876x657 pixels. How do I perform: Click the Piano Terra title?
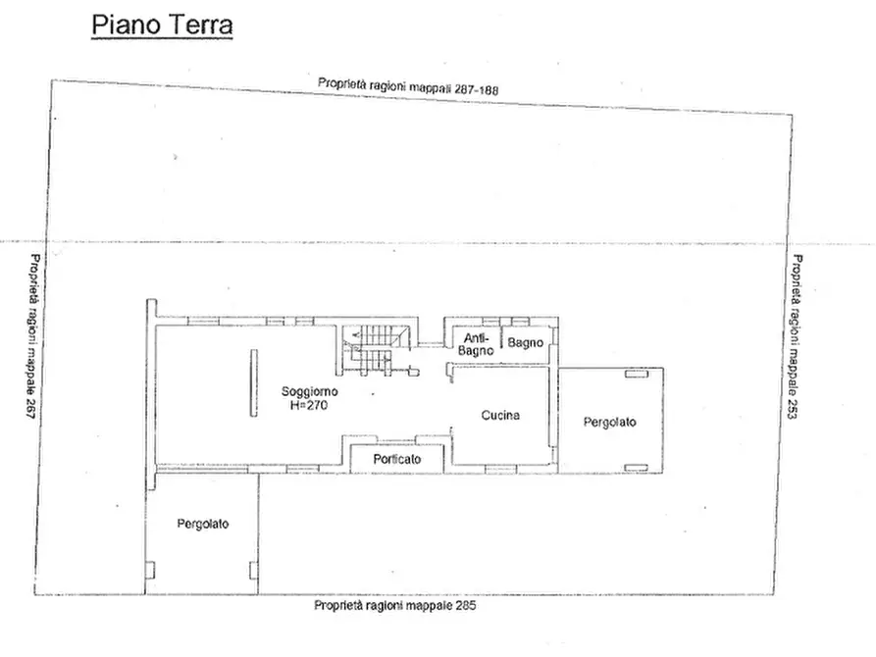click(162, 25)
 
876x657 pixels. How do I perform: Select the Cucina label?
click(499, 416)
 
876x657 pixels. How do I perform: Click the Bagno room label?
click(525, 342)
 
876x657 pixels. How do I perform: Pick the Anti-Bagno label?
click(476, 343)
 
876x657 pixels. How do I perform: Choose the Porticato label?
click(397, 459)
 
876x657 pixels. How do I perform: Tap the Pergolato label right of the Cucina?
click(609, 423)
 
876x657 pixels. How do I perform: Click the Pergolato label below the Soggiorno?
click(203, 524)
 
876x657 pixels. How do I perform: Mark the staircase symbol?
click(371, 351)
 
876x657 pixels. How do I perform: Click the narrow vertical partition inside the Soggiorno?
click(251, 386)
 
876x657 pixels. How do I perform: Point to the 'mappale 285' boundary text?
click(394, 606)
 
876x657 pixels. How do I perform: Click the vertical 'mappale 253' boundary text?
click(796, 337)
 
